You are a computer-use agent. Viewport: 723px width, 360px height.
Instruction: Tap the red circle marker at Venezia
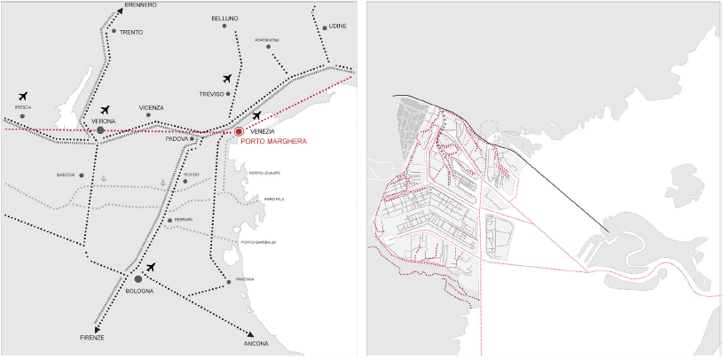click(x=239, y=132)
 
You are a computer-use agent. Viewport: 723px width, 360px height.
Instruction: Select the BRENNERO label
click(x=140, y=5)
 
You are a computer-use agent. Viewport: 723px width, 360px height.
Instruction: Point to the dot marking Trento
click(x=114, y=31)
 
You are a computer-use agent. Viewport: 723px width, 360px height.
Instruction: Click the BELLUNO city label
click(x=224, y=19)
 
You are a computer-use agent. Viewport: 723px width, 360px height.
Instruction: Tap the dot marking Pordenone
click(x=255, y=47)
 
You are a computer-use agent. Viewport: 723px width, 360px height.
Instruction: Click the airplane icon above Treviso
click(x=229, y=80)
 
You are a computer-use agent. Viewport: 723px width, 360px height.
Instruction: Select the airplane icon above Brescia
click(x=22, y=96)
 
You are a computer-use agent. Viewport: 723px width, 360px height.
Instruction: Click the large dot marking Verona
click(x=100, y=130)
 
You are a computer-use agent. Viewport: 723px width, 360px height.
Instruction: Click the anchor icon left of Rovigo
click(x=162, y=181)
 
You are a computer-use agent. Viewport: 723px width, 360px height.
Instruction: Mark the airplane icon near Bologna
click(x=151, y=267)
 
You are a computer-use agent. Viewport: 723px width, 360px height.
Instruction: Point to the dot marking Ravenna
click(x=230, y=279)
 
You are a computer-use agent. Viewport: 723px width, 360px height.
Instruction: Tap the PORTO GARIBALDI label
click(x=259, y=242)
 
